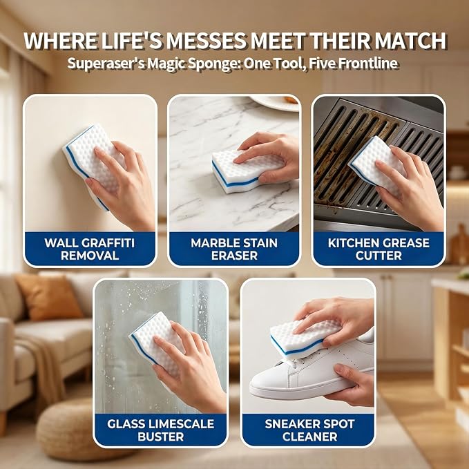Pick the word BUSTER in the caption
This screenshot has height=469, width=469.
pos(161,437)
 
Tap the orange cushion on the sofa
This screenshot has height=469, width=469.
pos(48,298)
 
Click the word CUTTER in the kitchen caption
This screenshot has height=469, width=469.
pos(379,256)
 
